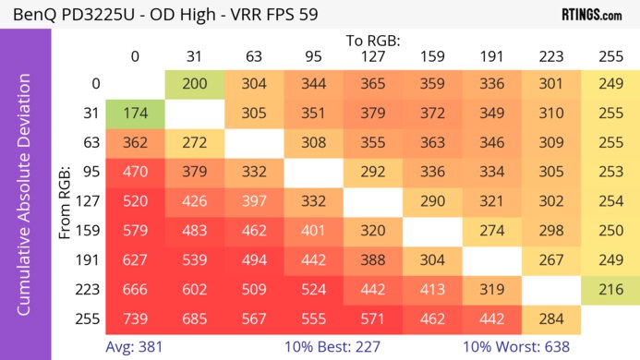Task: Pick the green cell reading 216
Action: [610, 290]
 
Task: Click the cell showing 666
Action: [135, 290]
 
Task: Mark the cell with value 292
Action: [372, 172]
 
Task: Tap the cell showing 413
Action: [431, 290]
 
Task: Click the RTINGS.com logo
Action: [591, 15]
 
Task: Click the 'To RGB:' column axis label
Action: [372, 41]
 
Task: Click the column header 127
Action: [372, 57]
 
